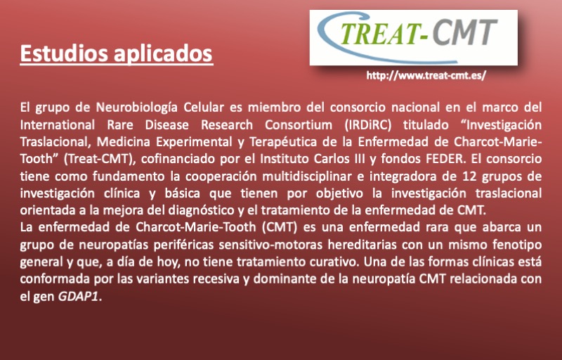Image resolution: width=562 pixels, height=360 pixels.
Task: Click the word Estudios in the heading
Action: pyautogui.click(x=64, y=53)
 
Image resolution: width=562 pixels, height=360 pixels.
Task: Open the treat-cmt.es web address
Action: pyautogui.click(x=426, y=76)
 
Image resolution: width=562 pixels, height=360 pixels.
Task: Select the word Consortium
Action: pyautogui.click(x=298, y=124)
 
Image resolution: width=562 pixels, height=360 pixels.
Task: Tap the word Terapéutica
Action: pyautogui.click(x=283, y=142)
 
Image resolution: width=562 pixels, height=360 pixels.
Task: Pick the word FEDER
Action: pyautogui.click(x=446, y=158)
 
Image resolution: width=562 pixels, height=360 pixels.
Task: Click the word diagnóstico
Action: pyautogui.click(x=202, y=210)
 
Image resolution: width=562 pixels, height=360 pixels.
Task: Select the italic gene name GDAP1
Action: pyautogui.click(x=78, y=297)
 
